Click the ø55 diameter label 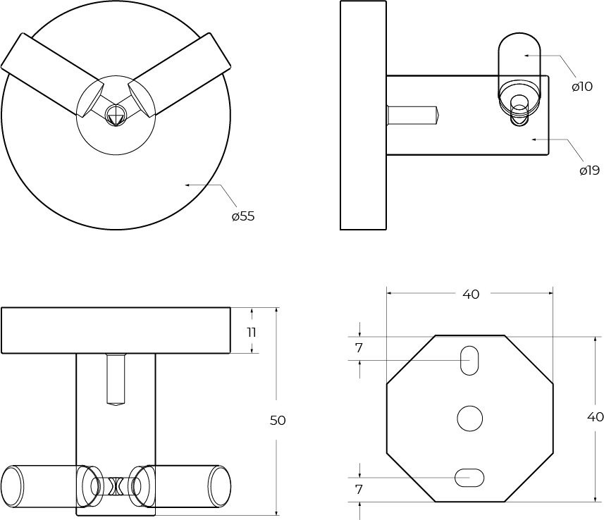point(243,216)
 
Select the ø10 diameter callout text point(582,87)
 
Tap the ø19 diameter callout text point(589,170)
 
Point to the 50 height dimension point(278,421)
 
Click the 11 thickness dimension point(252,332)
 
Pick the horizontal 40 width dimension point(471,295)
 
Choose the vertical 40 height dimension point(595,416)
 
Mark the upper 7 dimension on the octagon point(359,348)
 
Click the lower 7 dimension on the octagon point(359,489)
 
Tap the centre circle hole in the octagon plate point(469,419)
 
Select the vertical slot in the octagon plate point(469,361)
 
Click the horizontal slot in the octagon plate point(469,478)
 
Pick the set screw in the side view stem point(412,114)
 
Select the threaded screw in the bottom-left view point(116,379)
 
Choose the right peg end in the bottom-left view point(219,486)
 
